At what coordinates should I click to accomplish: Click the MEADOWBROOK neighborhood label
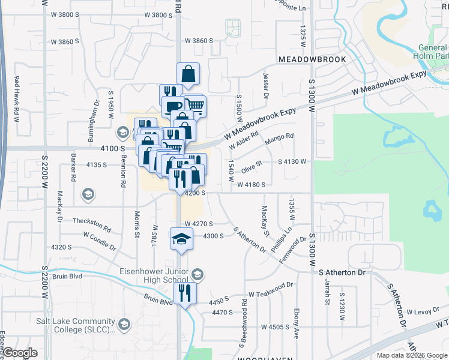tap(312, 60)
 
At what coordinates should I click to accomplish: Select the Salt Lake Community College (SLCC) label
tap(58, 325)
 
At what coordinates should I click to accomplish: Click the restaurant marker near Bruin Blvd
tap(185, 293)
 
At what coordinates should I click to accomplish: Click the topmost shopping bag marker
tap(188, 74)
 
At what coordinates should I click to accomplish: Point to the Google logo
tap(20, 353)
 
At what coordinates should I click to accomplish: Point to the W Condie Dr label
tap(99, 238)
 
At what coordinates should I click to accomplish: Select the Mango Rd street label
tap(281, 137)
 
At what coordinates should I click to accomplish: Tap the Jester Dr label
tap(265, 85)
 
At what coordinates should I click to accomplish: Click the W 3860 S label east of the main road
tap(199, 41)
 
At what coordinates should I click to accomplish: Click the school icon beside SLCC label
tap(124, 325)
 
